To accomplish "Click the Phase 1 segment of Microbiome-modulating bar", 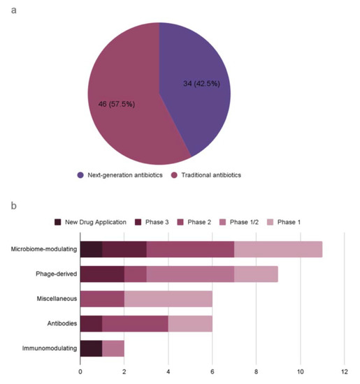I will pos(278,249).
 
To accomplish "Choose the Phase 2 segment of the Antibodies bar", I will pos(135,324).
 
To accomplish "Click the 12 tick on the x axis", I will pos(344,371).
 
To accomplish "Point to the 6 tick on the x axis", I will pos(212,371).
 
